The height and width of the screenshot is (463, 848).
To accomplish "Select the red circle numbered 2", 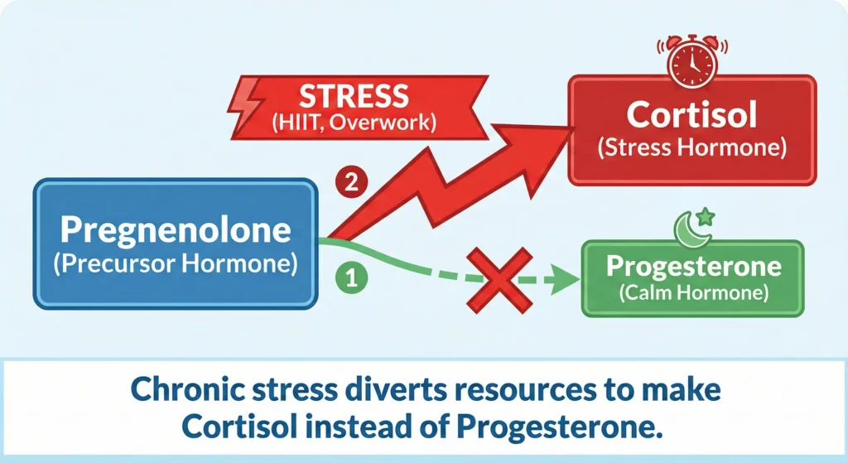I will pyautogui.click(x=350, y=183).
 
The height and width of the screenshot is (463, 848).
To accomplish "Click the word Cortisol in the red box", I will pyautogui.click(x=691, y=114).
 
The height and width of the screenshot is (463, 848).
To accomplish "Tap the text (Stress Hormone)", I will pyautogui.click(x=691, y=150).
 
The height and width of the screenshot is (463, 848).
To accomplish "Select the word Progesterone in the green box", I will pyautogui.click(x=692, y=267).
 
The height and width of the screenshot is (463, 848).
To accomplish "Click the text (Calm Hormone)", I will pyautogui.click(x=692, y=292).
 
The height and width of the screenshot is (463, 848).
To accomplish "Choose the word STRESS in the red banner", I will pyautogui.click(x=354, y=97).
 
